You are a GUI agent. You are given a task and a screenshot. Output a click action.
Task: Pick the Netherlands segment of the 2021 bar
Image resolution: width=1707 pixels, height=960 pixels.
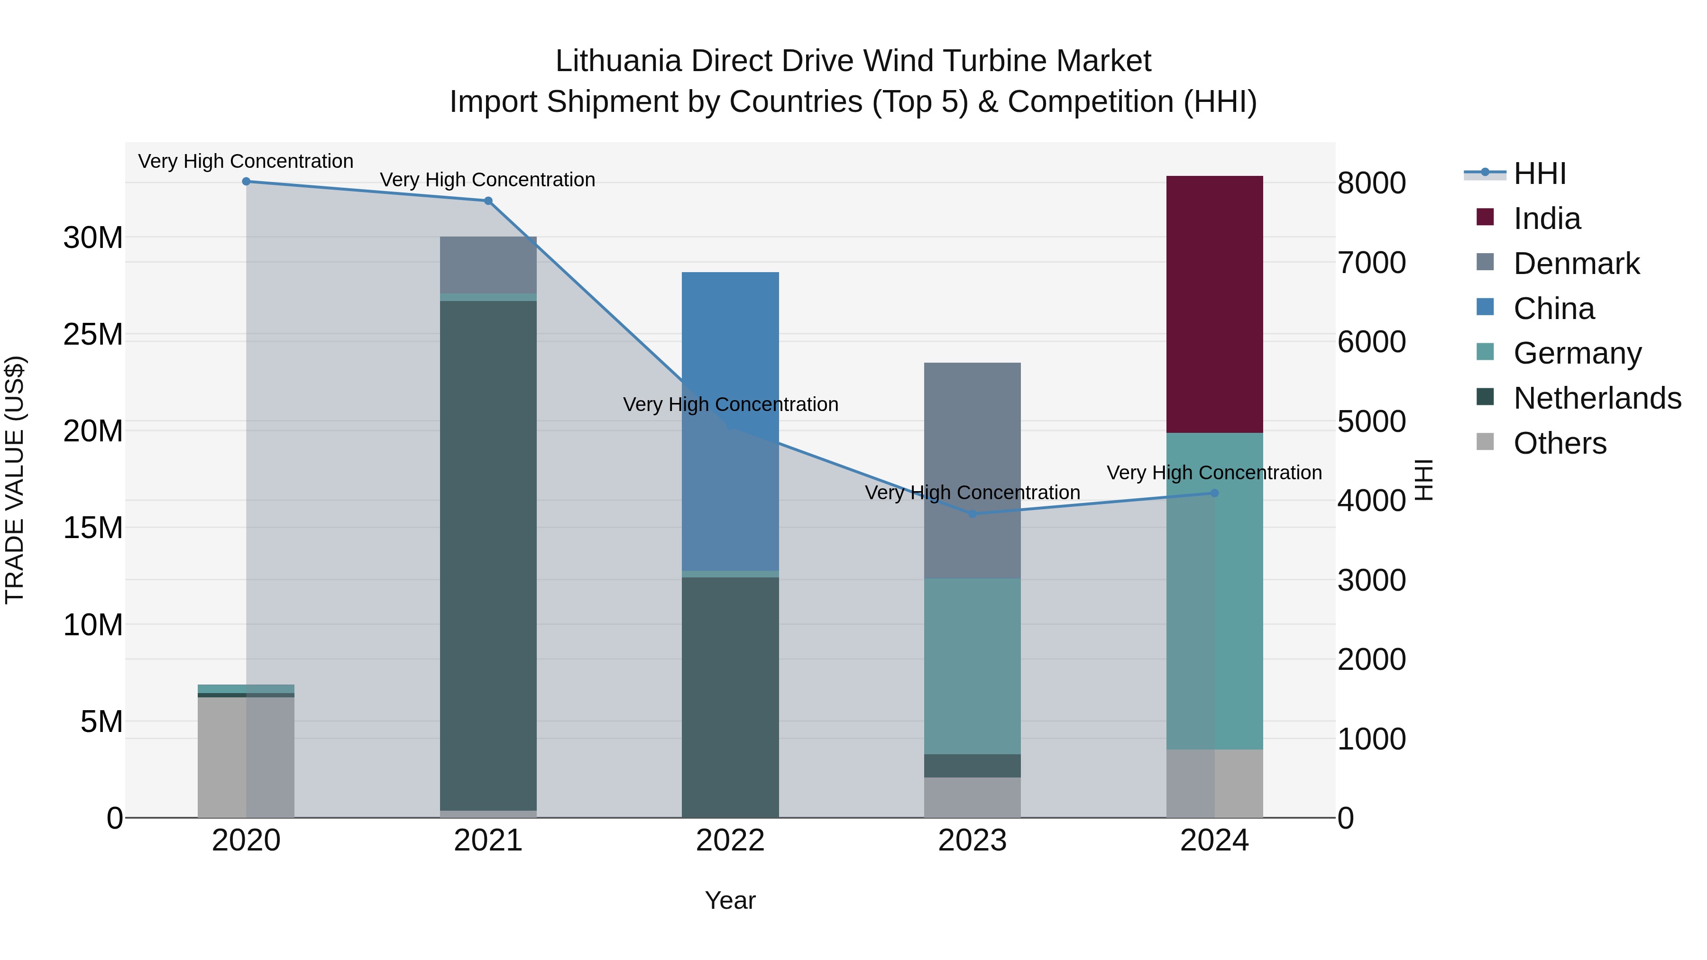(x=488, y=555)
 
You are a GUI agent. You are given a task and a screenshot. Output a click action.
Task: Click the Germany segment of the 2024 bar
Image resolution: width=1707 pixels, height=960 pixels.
(x=1214, y=591)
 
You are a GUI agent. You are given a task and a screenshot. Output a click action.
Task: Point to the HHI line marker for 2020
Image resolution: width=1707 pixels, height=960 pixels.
(x=247, y=182)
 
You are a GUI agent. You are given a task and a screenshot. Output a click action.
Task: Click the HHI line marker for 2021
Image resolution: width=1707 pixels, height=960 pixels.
(x=488, y=201)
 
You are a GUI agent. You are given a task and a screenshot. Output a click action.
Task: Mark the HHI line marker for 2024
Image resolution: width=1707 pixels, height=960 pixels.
(x=1214, y=493)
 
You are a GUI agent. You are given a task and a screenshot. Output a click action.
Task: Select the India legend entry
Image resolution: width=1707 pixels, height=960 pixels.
(x=1547, y=219)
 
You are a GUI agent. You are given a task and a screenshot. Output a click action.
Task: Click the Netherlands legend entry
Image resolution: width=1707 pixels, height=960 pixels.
(x=1597, y=398)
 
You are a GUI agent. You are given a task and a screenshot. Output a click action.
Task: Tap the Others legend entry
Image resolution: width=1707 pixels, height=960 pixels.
(x=1560, y=443)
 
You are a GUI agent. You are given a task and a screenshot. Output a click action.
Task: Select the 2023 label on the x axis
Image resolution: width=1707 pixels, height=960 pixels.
(x=972, y=841)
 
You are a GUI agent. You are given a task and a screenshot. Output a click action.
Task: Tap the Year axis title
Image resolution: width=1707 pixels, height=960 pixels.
(x=730, y=900)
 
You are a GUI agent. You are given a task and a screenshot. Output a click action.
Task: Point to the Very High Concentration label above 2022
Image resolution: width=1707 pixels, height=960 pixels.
(x=730, y=404)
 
